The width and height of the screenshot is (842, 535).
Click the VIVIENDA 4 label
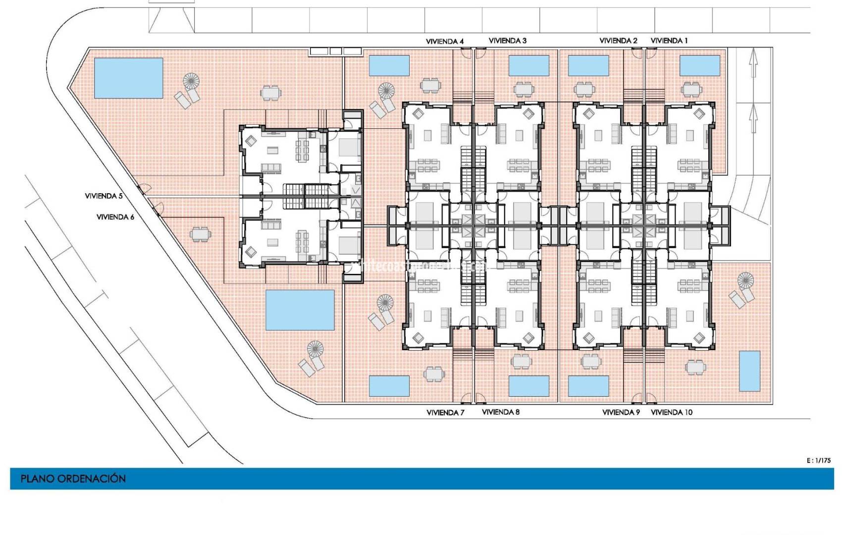[445, 41]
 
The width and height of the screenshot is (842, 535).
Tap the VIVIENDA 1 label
[669, 41]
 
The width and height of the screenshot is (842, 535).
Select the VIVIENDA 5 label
[104, 196]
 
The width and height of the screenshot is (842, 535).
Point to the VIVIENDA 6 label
[115, 217]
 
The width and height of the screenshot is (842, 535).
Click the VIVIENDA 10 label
[672, 412]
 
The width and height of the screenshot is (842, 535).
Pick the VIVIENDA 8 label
[501, 412]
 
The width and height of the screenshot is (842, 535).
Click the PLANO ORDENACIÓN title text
[73, 479]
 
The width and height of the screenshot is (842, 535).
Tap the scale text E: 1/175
[819, 461]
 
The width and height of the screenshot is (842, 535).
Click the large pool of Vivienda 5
[128, 78]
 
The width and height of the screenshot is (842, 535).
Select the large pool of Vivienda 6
[300, 310]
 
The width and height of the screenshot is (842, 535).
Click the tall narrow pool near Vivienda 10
[749, 371]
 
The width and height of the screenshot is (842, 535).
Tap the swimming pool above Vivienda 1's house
[699, 65]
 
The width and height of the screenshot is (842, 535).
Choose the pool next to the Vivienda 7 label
[389, 386]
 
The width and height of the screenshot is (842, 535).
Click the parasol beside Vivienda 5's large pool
[191, 81]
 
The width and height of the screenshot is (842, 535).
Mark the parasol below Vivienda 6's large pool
[315, 349]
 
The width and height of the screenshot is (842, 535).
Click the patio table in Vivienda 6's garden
[200, 234]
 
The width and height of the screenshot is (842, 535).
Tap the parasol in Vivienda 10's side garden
[745, 280]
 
